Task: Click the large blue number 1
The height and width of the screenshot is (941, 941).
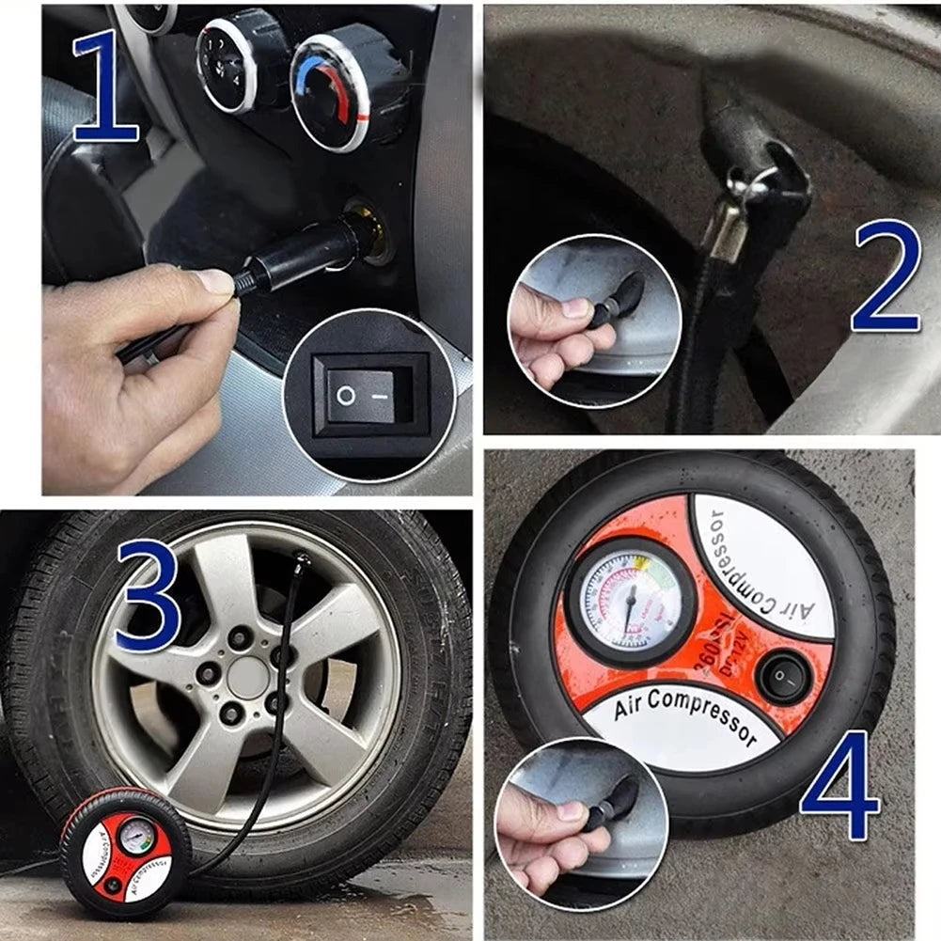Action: tap(106, 86)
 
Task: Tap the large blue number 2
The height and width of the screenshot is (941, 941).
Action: tap(886, 277)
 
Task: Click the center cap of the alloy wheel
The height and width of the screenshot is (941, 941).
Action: tap(247, 678)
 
